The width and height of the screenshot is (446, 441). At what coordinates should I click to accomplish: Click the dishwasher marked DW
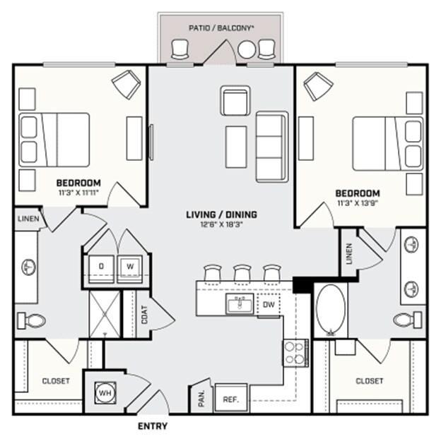coord(269,304)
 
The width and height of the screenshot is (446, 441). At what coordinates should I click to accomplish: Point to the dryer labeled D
coord(101,266)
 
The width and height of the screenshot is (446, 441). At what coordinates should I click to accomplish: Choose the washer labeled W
coord(129,266)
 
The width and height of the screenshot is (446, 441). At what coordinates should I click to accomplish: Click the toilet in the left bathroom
coord(31,321)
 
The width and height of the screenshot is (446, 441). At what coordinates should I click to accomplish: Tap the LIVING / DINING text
coord(221,215)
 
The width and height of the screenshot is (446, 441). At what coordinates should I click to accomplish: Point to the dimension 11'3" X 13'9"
coord(357,205)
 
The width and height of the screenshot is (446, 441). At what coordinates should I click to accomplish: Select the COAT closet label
coord(144,315)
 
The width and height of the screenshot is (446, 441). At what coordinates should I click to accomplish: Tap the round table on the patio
coord(247,50)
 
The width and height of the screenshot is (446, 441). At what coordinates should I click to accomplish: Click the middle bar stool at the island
coord(242,272)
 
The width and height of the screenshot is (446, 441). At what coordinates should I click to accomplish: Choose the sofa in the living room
coord(269,145)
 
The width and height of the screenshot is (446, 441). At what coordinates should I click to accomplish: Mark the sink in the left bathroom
coord(28,267)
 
